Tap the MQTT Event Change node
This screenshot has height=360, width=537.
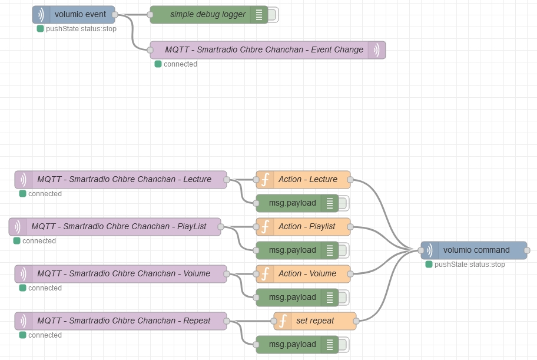[x=264, y=50]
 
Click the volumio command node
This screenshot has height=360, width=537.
[x=476, y=250]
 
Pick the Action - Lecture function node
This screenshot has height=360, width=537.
[x=307, y=180]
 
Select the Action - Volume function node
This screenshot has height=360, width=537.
[x=307, y=274]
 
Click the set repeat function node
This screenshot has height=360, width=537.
[x=315, y=321]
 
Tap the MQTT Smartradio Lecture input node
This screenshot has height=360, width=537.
[x=124, y=180]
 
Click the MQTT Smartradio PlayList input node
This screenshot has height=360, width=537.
[x=118, y=227]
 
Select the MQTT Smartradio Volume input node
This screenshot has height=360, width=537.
[x=124, y=274]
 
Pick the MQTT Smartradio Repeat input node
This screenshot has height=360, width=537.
[x=124, y=321]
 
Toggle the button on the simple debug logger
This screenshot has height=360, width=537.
[x=273, y=15]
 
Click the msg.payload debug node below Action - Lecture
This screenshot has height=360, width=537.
[x=292, y=203]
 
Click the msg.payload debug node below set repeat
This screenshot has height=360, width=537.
[x=292, y=345]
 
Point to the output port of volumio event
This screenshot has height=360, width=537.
[x=115, y=15]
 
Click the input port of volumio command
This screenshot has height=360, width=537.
[x=421, y=250]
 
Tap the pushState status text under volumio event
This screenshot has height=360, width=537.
[x=81, y=29]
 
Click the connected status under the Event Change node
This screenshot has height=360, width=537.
[x=180, y=64]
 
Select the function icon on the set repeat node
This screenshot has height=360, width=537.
[x=283, y=321]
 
